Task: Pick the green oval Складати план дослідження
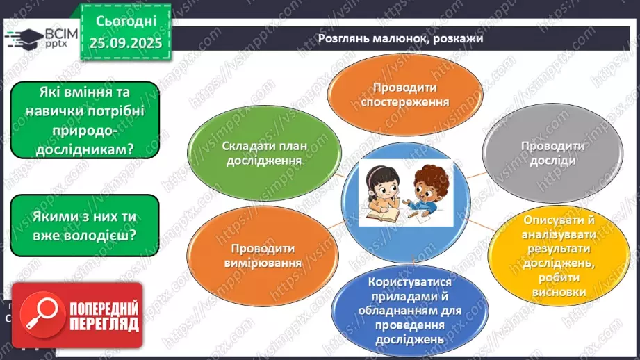pos(265,153)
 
